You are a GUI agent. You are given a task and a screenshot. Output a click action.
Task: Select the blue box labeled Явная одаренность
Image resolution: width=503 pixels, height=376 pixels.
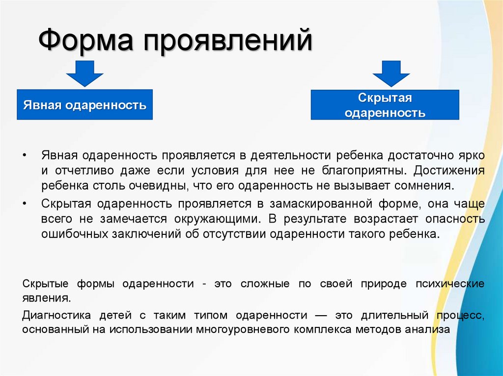click(x=85, y=105)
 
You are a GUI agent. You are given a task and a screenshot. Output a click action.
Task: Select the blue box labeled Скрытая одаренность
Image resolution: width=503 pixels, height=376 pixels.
click(x=385, y=105)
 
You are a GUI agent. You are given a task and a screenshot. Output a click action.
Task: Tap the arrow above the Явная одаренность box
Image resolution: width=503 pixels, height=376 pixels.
click(x=85, y=73)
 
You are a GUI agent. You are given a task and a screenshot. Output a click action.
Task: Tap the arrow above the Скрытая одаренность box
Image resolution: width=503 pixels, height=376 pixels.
click(x=391, y=73)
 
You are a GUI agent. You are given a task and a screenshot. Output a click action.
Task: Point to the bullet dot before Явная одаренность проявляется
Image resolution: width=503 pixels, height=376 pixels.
click(x=25, y=155)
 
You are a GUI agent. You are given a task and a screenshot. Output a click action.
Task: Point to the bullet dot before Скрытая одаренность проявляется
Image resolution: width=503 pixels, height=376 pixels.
click(x=25, y=202)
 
